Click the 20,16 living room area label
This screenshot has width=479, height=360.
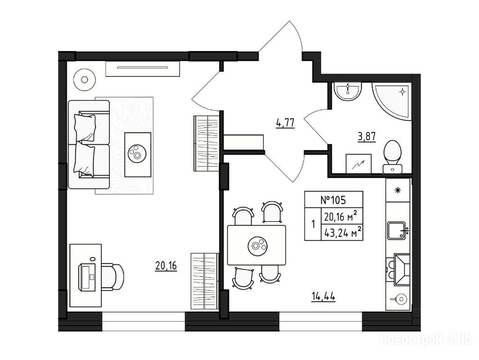click(166, 266)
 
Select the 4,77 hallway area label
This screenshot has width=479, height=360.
click(285, 123)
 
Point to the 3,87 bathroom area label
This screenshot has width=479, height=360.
click(367, 136)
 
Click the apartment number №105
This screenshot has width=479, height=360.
click(333, 200)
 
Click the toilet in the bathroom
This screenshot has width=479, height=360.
click(393, 157)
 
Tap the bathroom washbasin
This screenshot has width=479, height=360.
click(348, 91)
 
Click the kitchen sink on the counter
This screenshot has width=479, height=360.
click(397, 231)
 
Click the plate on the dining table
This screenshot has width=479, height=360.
click(257, 245)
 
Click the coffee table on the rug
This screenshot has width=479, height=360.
click(138, 155)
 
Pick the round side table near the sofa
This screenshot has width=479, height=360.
click(84, 80)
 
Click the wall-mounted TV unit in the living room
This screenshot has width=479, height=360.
click(142, 68)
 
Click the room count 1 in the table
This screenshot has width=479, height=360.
click(313, 225)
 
